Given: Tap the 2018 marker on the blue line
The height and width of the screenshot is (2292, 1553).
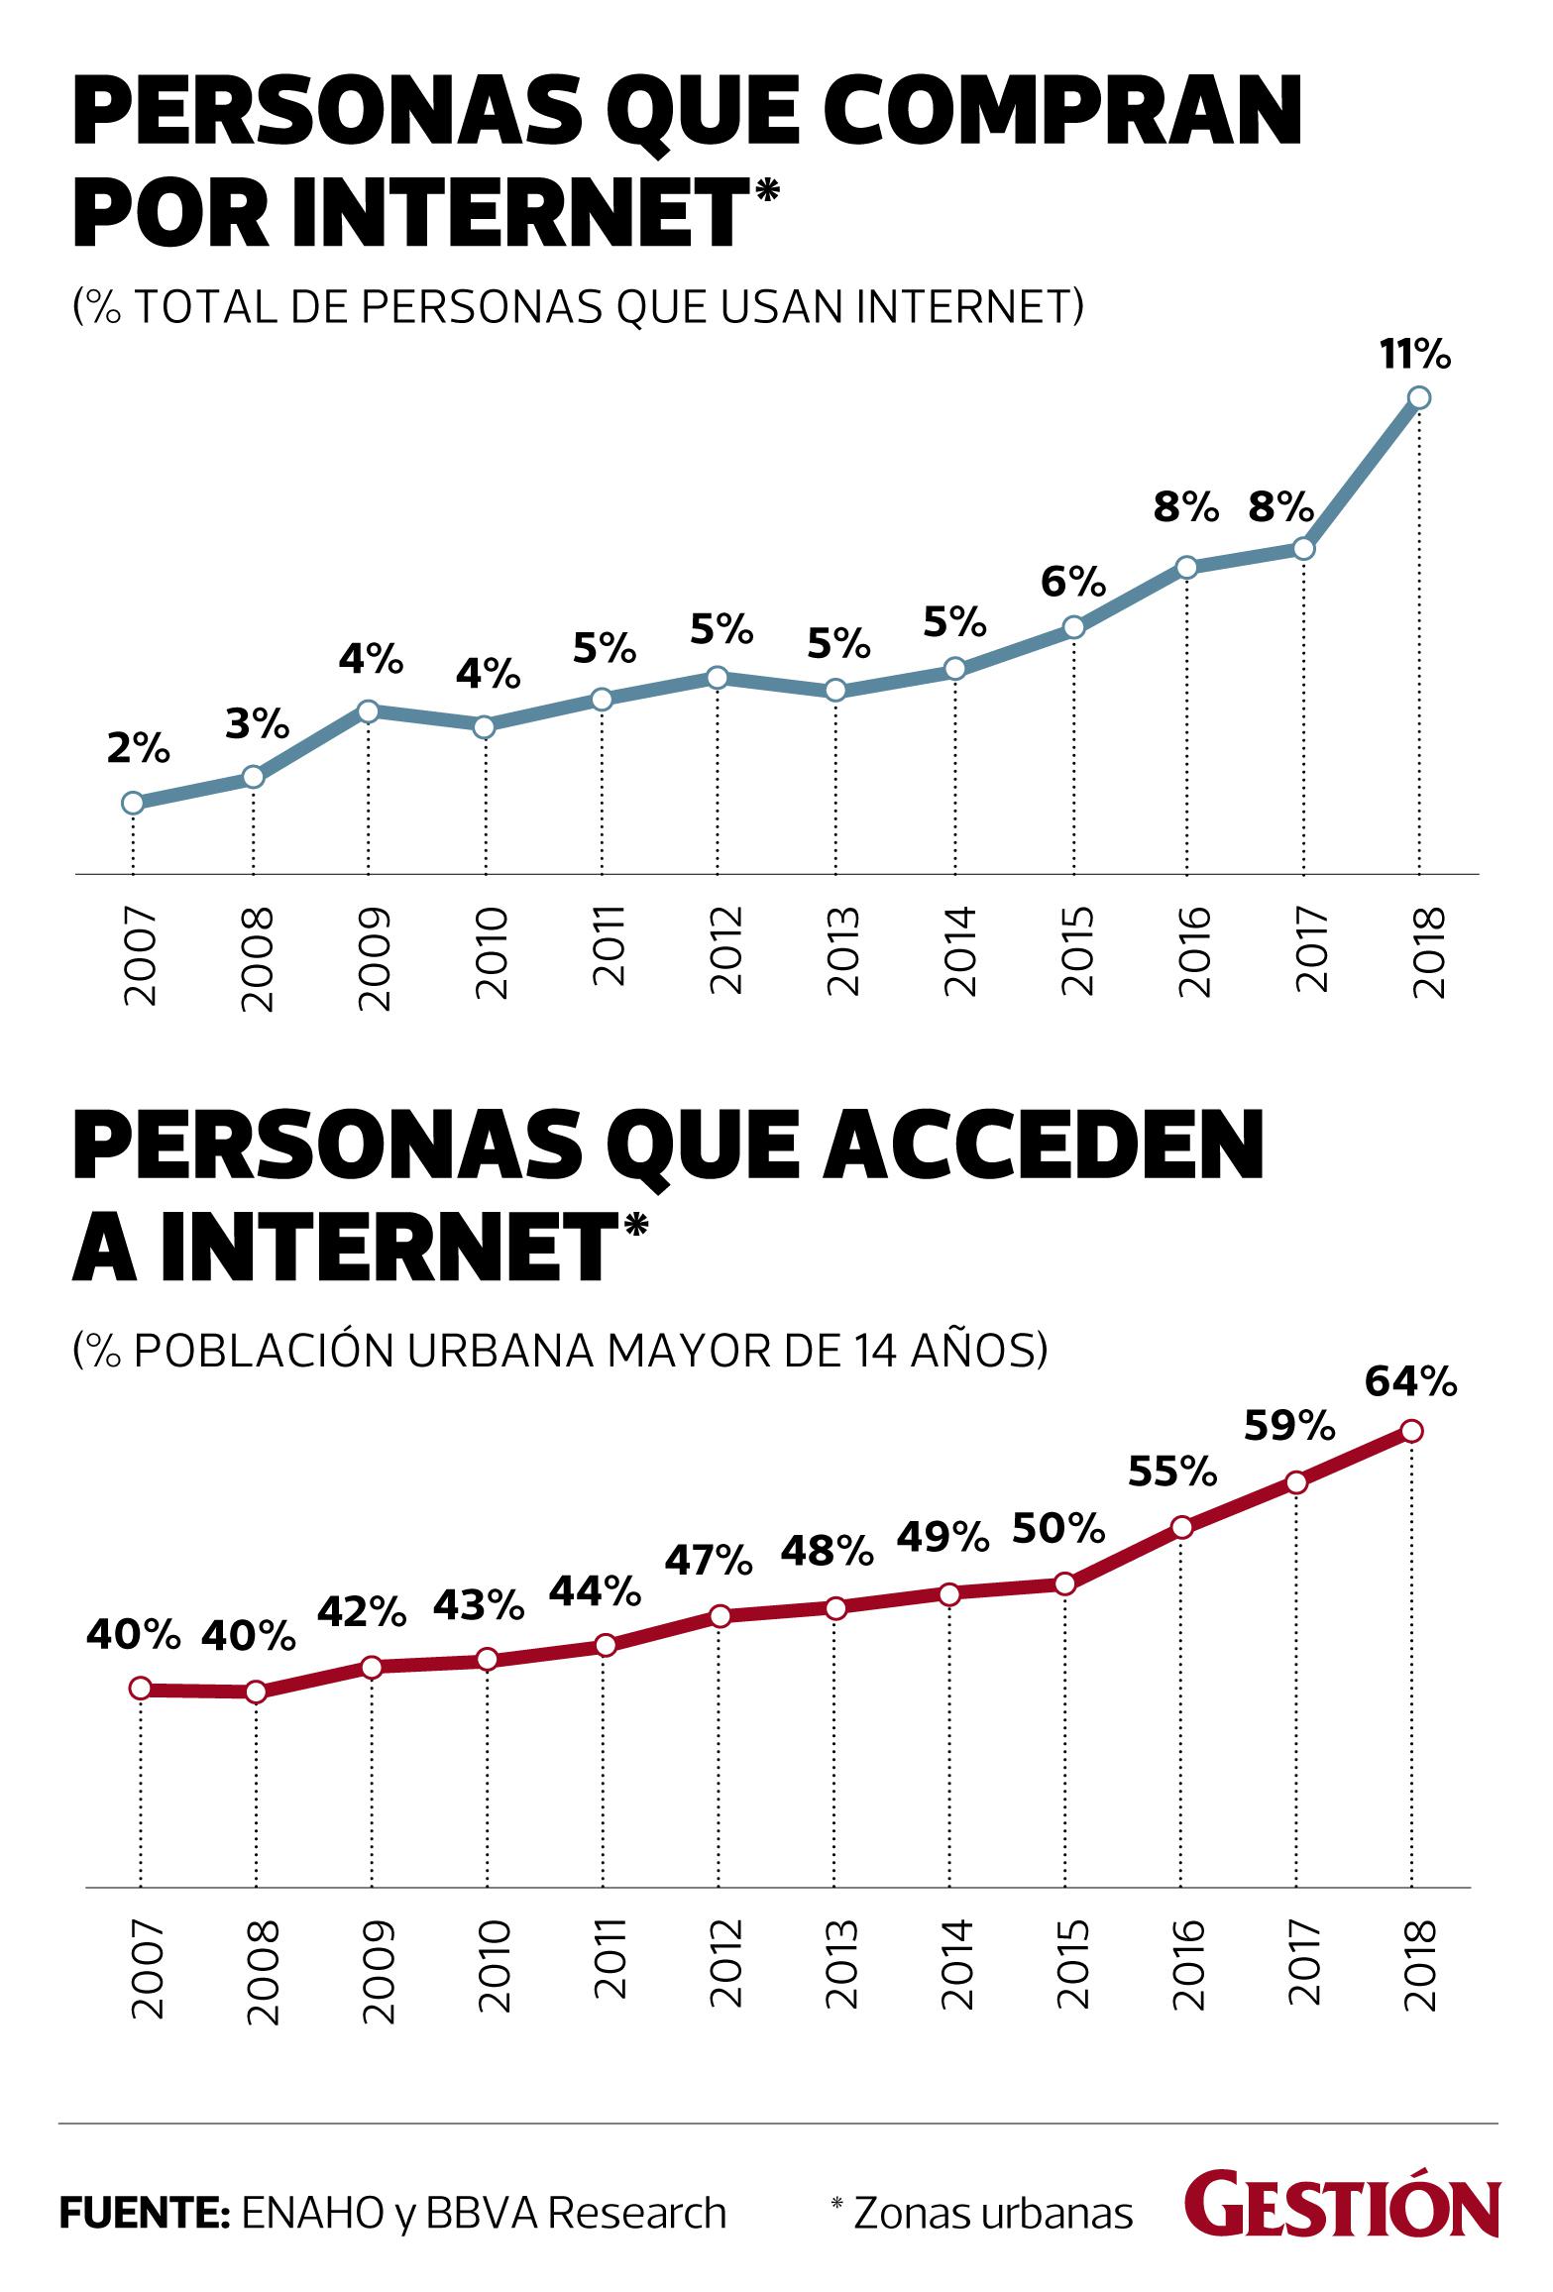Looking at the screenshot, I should pyautogui.click(x=1419, y=398).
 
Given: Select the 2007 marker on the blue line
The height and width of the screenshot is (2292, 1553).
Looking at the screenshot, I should pyautogui.click(x=133, y=803).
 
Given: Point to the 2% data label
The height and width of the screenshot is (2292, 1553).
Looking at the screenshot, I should pyautogui.click(x=138, y=750).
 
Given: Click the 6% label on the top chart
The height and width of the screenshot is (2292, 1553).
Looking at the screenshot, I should pyautogui.click(x=1073, y=582).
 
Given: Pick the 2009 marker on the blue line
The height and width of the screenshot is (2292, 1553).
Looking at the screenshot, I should pyautogui.click(x=368, y=711).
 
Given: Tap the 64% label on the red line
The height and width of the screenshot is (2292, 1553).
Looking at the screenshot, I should pyautogui.click(x=1411, y=1381).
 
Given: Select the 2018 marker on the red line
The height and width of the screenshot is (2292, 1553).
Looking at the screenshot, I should pyautogui.click(x=1412, y=1431).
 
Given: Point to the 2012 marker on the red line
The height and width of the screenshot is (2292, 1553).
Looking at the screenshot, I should pyautogui.click(x=721, y=1616).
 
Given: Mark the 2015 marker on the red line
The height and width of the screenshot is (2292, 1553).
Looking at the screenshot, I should pyautogui.click(x=1065, y=1583).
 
